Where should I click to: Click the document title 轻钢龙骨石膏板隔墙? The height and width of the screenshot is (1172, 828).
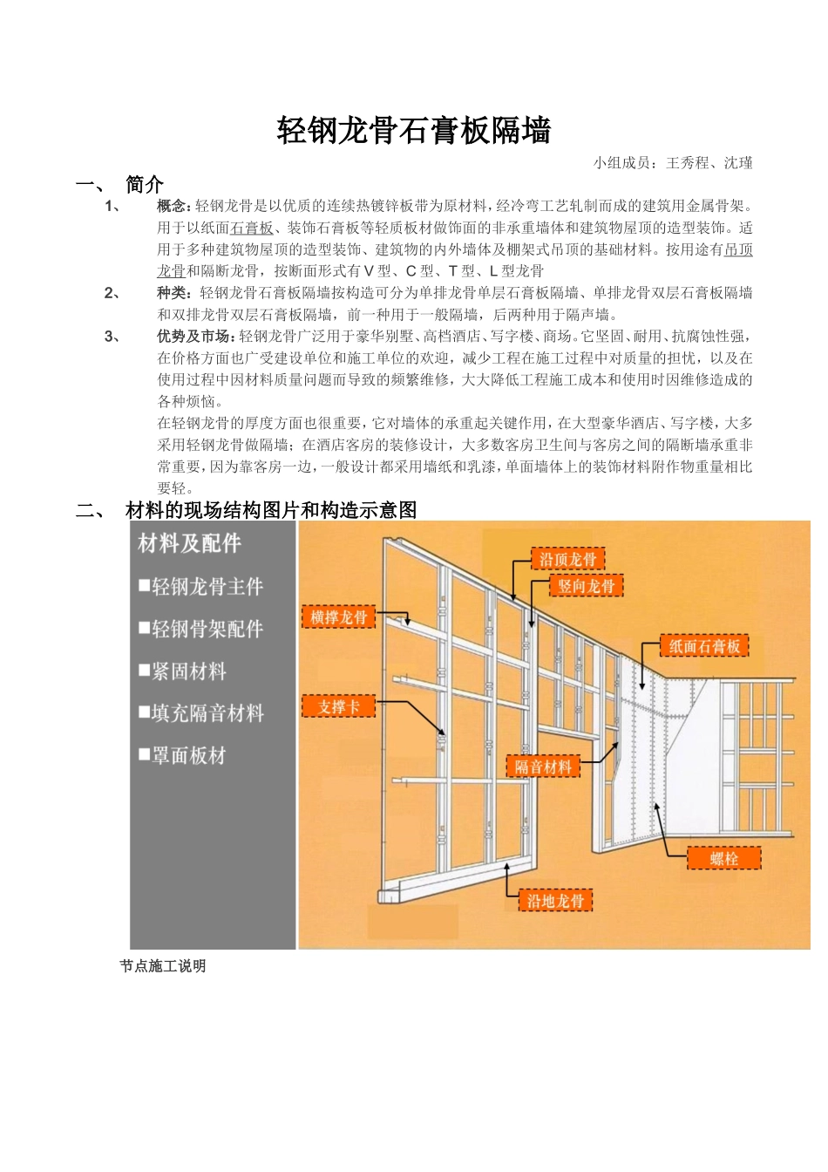pos(414,132)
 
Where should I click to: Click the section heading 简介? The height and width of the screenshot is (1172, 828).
pos(144,184)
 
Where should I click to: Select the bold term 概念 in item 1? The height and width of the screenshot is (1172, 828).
pos(173,207)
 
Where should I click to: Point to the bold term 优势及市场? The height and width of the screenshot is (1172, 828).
pos(195,337)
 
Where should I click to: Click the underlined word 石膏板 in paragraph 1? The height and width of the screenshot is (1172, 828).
pos(252,228)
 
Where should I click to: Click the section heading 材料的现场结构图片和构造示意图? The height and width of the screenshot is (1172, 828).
pos(271,510)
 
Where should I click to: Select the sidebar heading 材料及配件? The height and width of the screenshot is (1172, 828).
pos(189,544)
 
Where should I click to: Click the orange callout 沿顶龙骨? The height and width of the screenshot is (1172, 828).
pos(567,560)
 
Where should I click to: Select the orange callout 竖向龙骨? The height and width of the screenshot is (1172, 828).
pos(587,586)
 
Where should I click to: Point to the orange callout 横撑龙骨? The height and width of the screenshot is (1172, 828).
pos(339,617)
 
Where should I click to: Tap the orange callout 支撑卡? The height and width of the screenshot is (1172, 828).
pos(338,706)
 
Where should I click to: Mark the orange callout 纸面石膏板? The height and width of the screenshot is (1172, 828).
pos(704,646)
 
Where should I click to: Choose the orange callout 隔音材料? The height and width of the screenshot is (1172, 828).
pos(543,767)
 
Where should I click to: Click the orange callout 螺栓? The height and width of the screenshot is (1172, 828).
pos(723,858)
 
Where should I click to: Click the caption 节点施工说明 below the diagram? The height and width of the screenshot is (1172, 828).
pos(163,966)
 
